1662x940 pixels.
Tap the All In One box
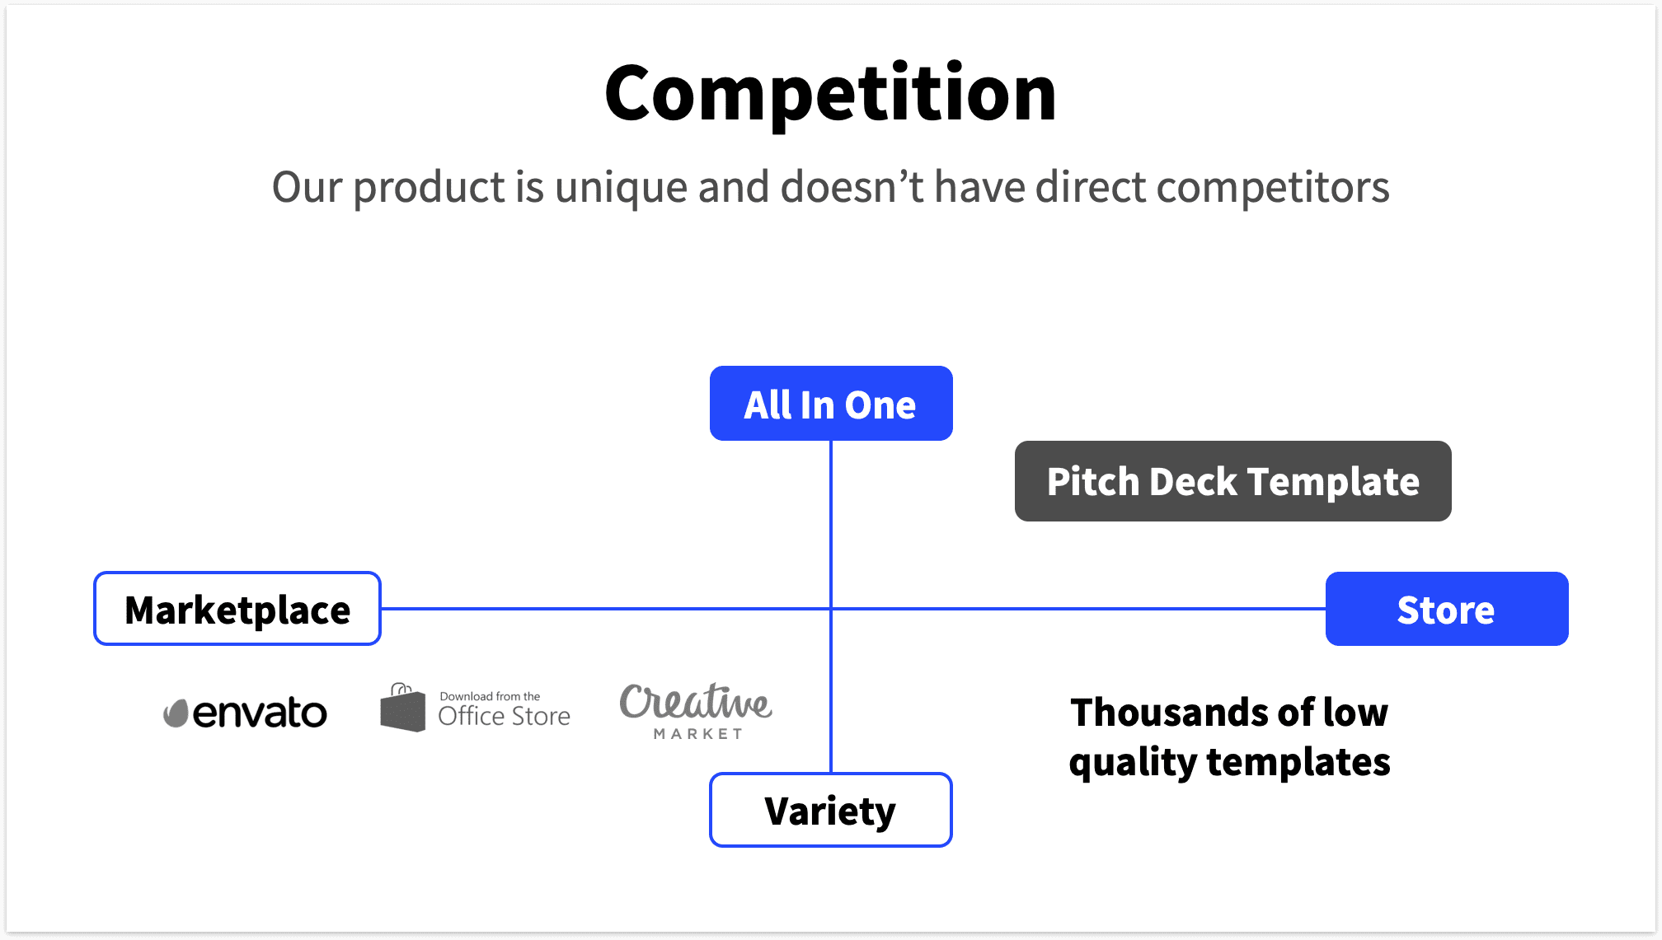[x=831, y=404]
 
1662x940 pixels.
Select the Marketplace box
[x=237, y=609]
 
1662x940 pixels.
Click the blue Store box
[x=1446, y=609]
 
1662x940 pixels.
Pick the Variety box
[x=830, y=810]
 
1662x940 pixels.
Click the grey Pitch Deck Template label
[x=1232, y=481]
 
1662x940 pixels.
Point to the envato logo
[x=246, y=713]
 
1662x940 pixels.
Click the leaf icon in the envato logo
[x=176, y=713]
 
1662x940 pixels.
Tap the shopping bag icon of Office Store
[x=402, y=708]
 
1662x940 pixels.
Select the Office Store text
[x=504, y=716]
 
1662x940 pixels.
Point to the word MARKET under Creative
[x=697, y=733]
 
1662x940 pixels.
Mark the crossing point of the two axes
[x=831, y=609]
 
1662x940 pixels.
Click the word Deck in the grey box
[x=1193, y=481]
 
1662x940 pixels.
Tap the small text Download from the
[x=490, y=696]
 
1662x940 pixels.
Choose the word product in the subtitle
[x=429, y=188]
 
